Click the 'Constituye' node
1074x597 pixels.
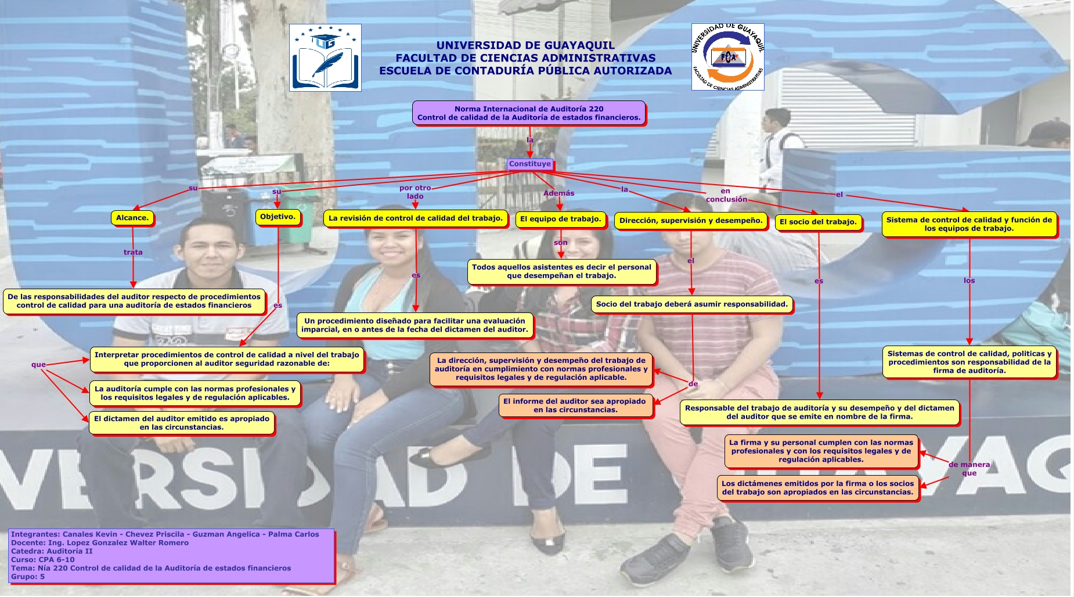(x=529, y=164)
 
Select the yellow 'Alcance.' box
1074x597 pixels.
(x=132, y=218)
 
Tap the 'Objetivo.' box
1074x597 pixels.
(x=277, y=217)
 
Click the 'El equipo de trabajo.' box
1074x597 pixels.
(x=560, y=219)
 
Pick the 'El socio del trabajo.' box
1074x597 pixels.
(x=817, y=222)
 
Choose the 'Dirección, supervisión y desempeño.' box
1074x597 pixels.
(x=690, y=221)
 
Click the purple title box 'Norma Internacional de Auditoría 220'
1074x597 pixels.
(x=528, y=113)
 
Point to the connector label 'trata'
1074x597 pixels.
(x=133, y=252)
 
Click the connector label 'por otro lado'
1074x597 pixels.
(x=415, y=192)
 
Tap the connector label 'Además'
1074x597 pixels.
(x=558, y=193)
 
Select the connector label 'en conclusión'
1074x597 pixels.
(x=726, y=195)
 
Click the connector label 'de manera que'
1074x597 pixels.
(x=969, y=469)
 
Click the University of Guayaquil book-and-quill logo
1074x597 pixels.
(x=325, y=57)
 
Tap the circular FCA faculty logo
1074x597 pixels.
(x=727, y=57)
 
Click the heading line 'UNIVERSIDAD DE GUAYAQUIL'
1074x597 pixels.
(x=525, y=45)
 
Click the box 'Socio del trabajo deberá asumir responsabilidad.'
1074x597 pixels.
(x=691, y=304)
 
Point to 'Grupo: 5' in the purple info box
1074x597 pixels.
(x=28, y=577)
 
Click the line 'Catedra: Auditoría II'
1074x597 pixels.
(x=52, y=551)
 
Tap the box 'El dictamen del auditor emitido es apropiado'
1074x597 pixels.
(x=181, y=423)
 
